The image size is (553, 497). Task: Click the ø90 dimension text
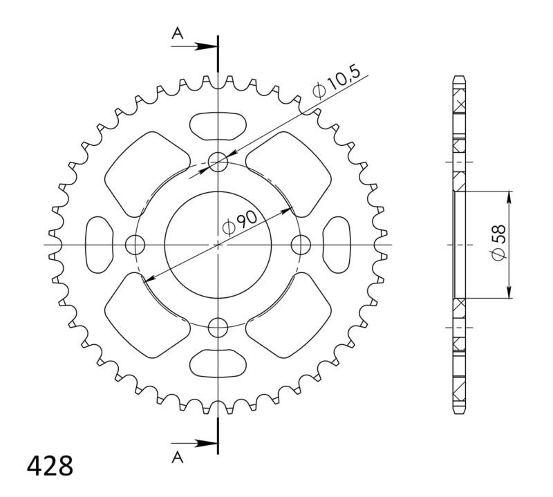click(238, 222)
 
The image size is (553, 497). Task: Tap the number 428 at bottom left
click(49, 466)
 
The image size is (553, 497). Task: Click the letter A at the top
click(178, 32)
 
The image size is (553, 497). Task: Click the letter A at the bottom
click(178, 456)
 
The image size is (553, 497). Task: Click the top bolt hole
click(218, 163)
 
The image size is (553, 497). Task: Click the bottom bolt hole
click(218, 326)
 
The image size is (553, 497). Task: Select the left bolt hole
click(136, 244)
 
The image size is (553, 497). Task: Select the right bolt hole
click(300, 244)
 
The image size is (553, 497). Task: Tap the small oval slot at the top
click(218, 126)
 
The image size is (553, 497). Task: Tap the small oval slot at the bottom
click(218, 363)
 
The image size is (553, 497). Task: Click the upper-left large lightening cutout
click(146, 174)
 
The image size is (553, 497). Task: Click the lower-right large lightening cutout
click(290, 315)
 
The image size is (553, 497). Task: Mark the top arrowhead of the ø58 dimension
click(509, 196)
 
